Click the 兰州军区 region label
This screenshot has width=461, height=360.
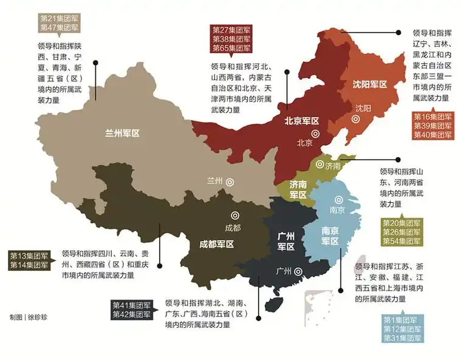[x=122, y=132]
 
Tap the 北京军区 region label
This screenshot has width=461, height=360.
[x=302, y=121]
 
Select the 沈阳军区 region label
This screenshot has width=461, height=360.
[x=370, y=85]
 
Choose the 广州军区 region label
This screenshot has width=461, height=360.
[x=286, y=241]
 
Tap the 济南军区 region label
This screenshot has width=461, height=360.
[x=298, y=189]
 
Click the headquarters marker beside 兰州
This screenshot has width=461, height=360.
[x=230, y=182]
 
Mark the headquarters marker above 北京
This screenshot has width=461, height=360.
[x=315, y=134]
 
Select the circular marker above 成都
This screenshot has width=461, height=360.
[x=234, y=215]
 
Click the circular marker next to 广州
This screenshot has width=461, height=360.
[x=298, y=273]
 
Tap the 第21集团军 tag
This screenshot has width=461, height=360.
[x=58, y=18]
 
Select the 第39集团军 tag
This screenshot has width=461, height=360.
[x=432, y=126]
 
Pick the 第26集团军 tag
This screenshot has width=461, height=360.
[x=401, y=232]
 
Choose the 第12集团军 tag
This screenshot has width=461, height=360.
[x=403, y=329]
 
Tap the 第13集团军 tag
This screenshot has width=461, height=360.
[x=29, y=256]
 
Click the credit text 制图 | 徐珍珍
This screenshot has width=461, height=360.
[x=27, y=317]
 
